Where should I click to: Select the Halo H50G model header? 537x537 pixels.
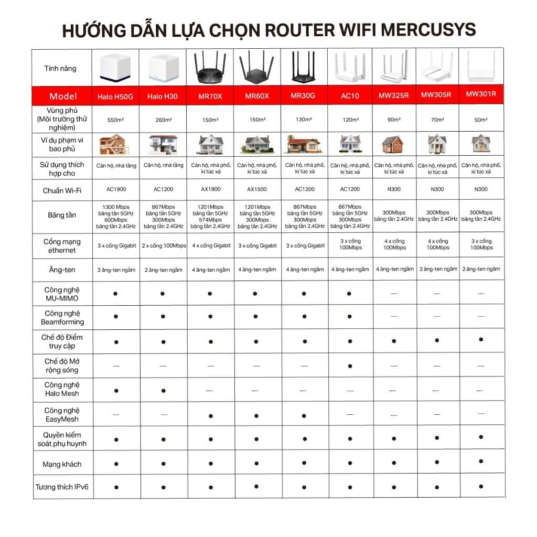(115, 97)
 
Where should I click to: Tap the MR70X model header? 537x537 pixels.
(210, 96)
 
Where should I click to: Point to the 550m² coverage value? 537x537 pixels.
(115, 120)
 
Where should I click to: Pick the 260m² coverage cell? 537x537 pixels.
(163, 120)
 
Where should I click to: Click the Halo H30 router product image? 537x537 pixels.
(162, 67)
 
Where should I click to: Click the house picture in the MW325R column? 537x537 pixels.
(393, 144)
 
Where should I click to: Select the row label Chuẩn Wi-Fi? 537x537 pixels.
(62, 190)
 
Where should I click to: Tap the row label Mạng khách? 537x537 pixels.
(62, 464)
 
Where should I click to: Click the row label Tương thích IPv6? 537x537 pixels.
(62, 487)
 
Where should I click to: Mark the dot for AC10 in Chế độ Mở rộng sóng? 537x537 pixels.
(350, 366)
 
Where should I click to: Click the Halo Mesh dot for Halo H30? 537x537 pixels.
(163, 391)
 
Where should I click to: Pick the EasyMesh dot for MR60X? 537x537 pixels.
(256, 416)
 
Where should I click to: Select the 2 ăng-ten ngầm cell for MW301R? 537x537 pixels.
(481, 269)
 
